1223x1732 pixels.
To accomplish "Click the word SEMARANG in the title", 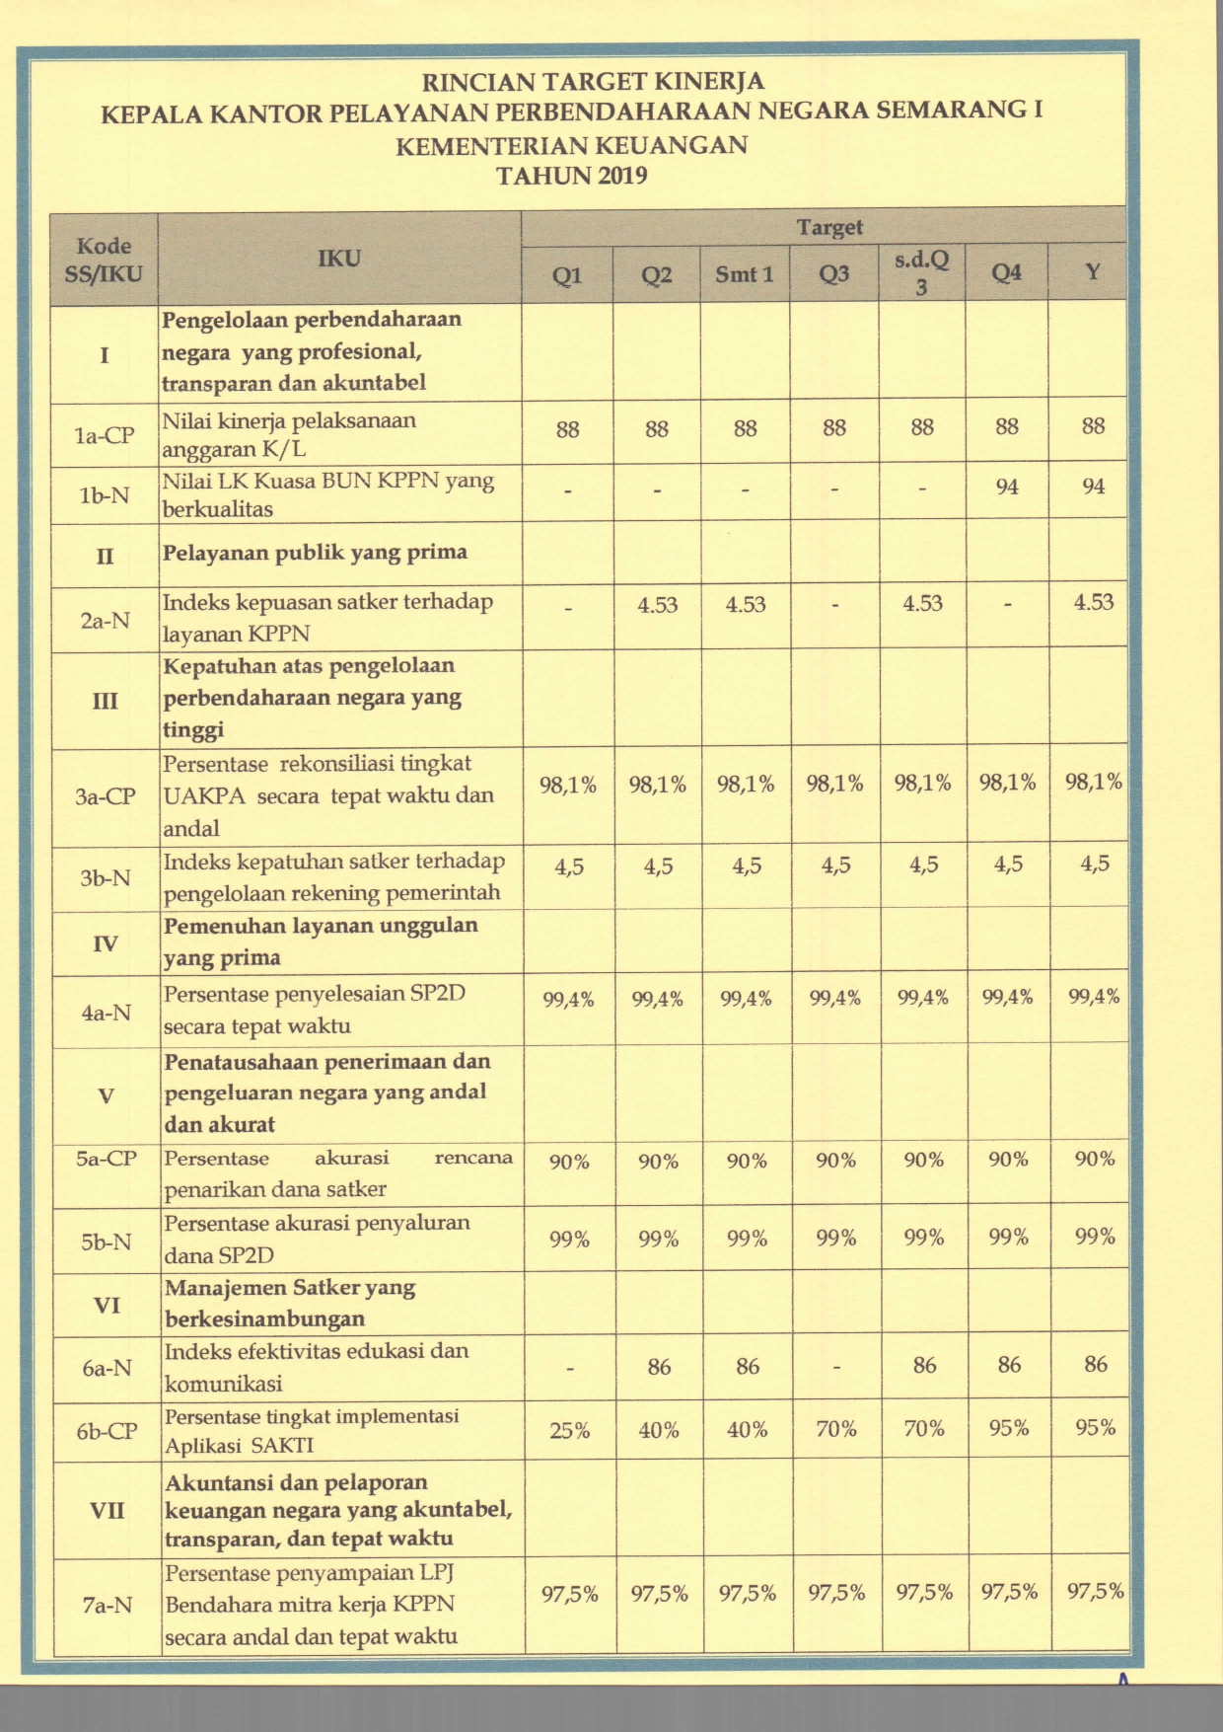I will point(950,111).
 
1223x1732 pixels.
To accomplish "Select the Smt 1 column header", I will point(745,273).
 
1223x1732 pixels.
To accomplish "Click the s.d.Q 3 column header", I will point(921,272).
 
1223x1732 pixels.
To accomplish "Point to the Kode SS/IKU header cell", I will point(104,260).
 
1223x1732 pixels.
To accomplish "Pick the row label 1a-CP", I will point(105,434).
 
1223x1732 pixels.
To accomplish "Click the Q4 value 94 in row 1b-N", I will point(1006,487).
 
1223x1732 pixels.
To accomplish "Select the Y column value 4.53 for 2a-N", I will point(1093,602).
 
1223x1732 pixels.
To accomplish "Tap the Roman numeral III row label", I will point(105,701).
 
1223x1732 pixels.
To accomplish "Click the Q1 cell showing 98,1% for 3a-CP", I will point(568,785).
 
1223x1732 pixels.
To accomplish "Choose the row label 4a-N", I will point(106,1013).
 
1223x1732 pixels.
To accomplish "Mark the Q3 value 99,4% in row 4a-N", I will point(834,998).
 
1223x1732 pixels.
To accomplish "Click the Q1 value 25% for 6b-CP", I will point(569,1430).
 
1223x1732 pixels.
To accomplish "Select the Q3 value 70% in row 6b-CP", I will point(835,1429).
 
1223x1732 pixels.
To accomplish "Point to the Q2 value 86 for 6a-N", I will point(659,1367).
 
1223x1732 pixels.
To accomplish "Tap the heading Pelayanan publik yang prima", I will point(315,552).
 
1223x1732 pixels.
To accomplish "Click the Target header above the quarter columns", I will point(829,227).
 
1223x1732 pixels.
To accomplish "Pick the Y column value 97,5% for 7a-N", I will point(1095,1591).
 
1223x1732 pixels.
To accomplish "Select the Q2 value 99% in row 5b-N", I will point(658,1239).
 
